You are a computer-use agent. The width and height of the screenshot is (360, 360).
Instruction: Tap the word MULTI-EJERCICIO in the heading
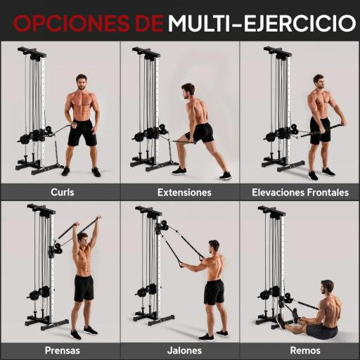(262, 23)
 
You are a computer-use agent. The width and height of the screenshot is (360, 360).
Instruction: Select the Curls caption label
(62, 192)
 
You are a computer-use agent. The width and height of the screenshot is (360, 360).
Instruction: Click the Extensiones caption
(184, 192)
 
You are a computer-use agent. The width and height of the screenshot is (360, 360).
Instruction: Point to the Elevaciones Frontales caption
(300, 192)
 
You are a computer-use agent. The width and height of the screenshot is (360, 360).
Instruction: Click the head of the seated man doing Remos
(327, 286)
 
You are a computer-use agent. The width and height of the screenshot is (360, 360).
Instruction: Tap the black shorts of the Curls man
(82, 132)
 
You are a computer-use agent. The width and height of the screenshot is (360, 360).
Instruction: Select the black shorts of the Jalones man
(214, 291)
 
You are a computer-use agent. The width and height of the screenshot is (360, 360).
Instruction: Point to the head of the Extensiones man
(188, 90)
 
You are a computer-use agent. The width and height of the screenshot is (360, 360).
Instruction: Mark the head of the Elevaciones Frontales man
(319, 81)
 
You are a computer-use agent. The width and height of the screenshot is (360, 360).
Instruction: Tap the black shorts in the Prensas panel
(84, 287)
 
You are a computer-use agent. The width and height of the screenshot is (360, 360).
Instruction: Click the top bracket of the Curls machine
(32, 51)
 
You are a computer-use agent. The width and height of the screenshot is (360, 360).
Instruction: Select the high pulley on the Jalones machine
(162, 226)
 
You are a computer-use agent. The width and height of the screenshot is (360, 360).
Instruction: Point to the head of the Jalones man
(214, 246)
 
